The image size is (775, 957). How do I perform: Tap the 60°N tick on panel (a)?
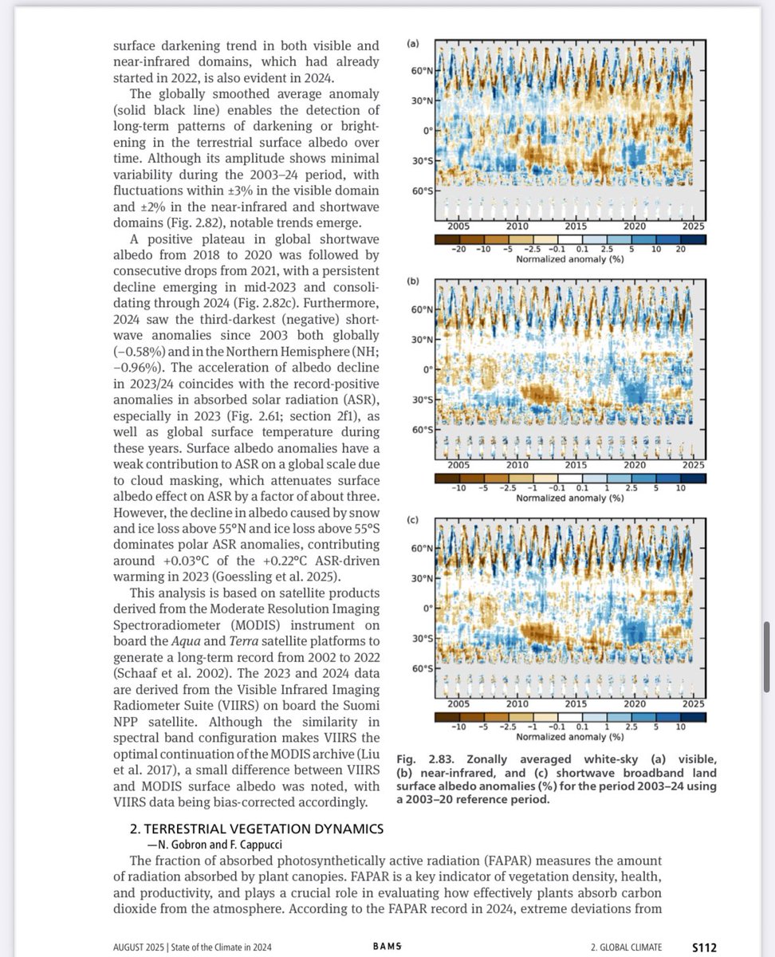(x=422, y=72)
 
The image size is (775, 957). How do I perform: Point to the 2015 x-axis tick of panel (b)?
(x=576, y=464)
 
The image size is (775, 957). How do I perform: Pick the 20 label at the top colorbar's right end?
(x=680, y=250)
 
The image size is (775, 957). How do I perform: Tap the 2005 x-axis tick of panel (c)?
(x=458, y=704)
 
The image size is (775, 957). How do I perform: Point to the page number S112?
(x=704, y=947)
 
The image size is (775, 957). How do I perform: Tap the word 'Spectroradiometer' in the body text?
(x=165, y=626)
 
